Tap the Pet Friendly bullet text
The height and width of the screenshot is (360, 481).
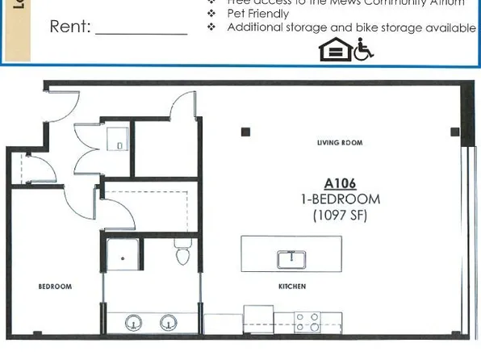click(257, 14)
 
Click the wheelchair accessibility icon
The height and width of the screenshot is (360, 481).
click(364, 50)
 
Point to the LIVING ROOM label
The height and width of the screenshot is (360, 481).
click(340, 143)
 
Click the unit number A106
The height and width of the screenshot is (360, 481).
click(340, 183)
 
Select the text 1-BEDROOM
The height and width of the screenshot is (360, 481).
click(340, 199)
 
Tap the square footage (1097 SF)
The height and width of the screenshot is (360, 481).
click(340, 215)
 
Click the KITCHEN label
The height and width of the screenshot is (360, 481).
click(291, 287)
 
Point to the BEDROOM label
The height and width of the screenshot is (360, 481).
click(55, 287)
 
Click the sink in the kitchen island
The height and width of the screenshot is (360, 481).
click(291, 259)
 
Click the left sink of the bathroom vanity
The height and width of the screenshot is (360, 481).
click(134, 323)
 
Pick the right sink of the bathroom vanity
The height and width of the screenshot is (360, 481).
click(168, 323)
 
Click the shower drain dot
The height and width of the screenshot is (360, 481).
click(123, 259)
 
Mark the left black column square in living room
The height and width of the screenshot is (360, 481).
click(246, 132)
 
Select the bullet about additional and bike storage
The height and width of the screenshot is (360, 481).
click(350, 27)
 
